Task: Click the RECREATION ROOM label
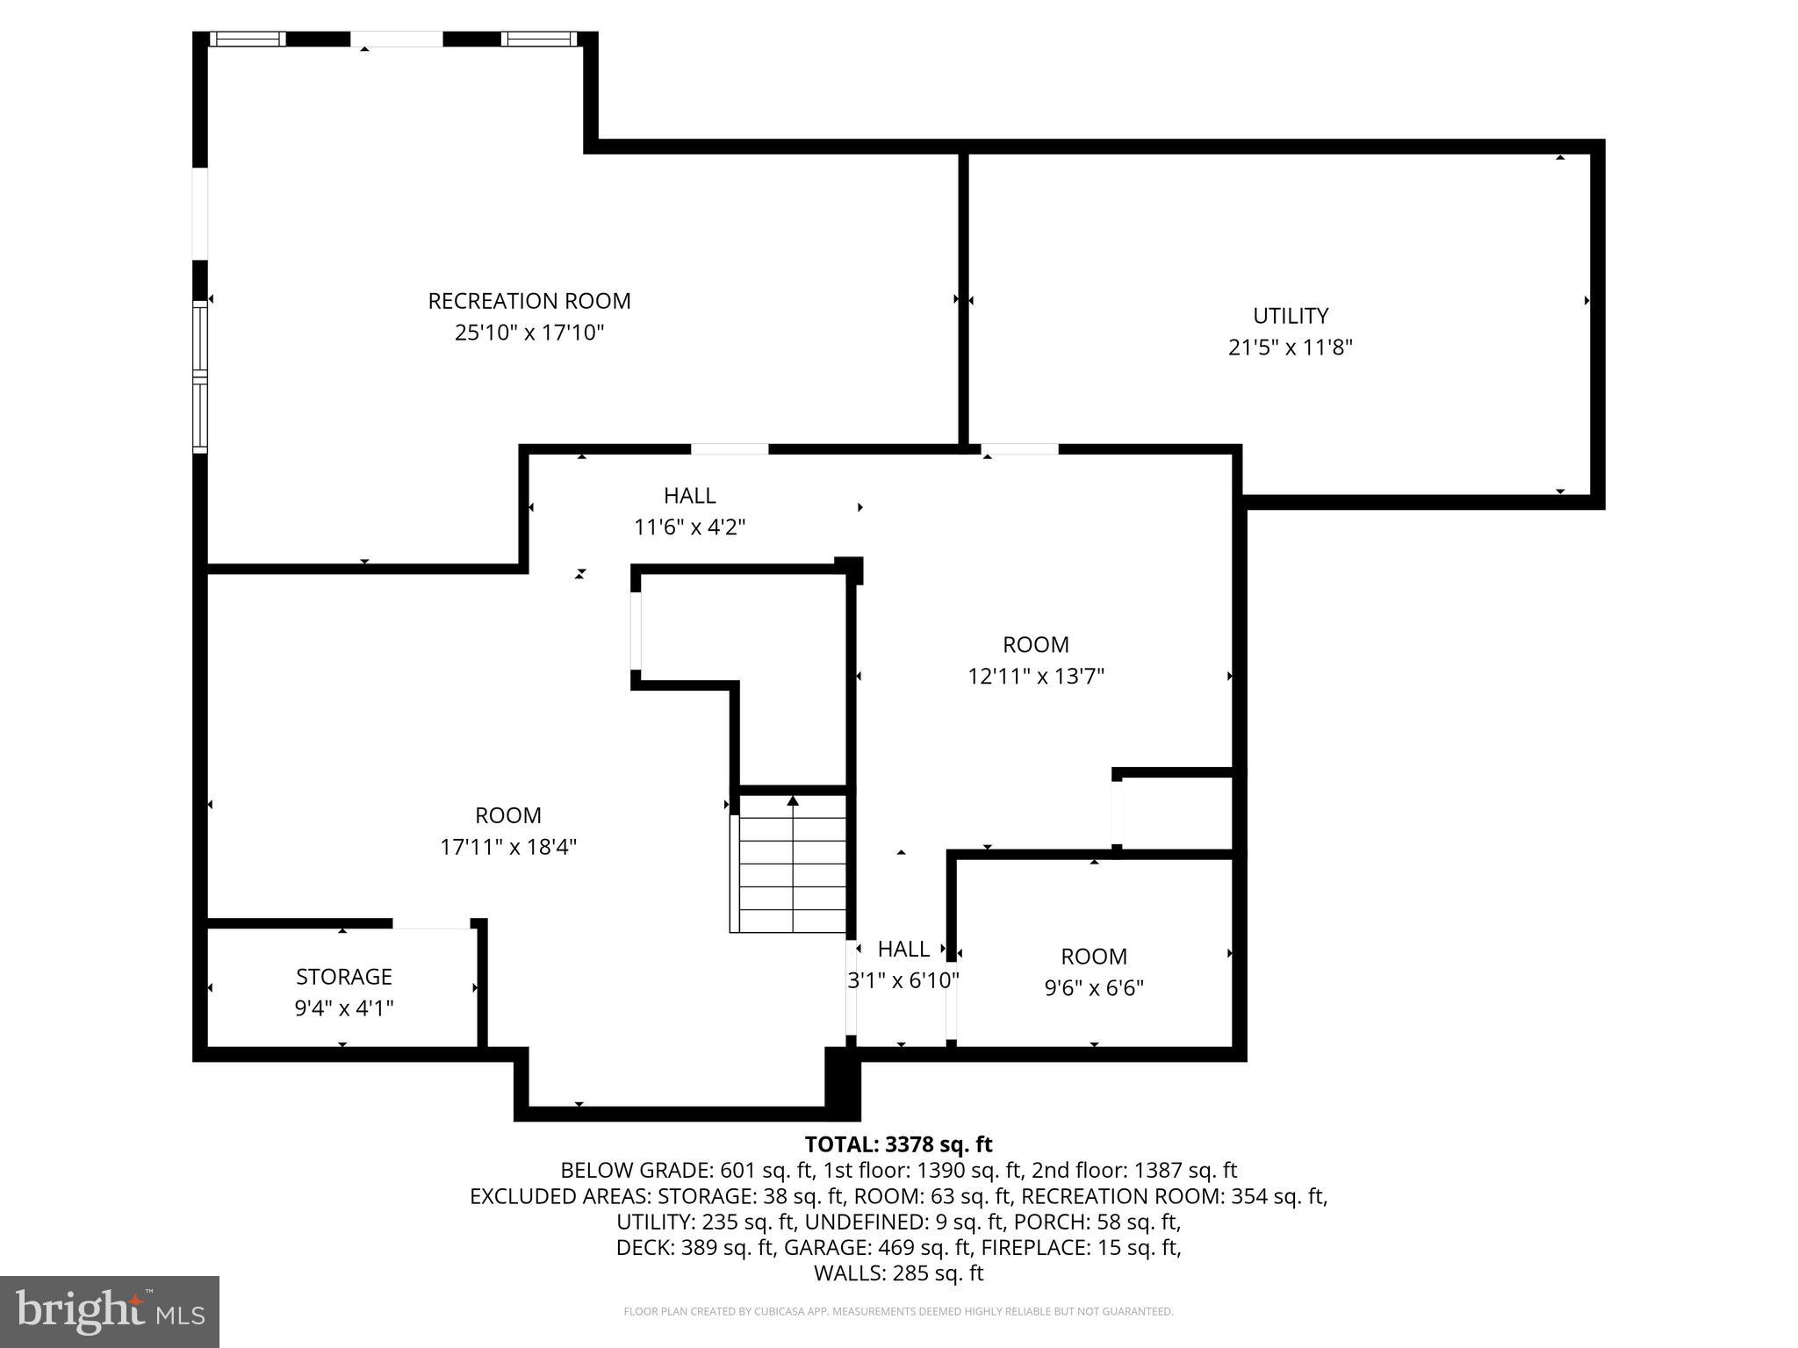coord(529,301)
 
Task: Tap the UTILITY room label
coord(1290,316)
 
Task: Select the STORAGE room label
coord(343,977)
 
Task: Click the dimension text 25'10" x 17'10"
coord(529,333)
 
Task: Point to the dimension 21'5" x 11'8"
coord(1290,348)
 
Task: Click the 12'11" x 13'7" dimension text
coord(1035,677)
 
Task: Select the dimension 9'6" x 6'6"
coord(1093,989)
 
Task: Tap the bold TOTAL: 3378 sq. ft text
coord(898,1144)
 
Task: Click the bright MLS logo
coord(110,1312)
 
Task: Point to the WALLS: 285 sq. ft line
coord(898,1273)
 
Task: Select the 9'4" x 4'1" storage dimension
coord(343,1008)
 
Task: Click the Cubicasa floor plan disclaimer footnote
coord(898,1312)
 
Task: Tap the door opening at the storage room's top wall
coord(431,924)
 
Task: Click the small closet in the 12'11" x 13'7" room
coord(1176,813)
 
